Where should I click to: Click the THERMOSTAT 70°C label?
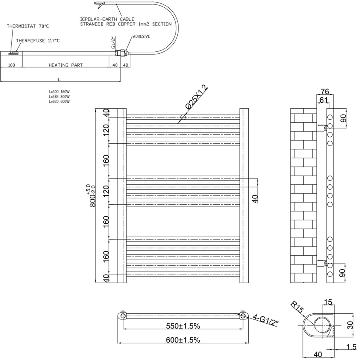(x=28, y=26)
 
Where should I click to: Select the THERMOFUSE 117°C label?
(x=37, y=41)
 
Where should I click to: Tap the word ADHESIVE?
(x=141, y=36)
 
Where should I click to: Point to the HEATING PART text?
(x=66, y=65)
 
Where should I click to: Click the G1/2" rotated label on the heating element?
(x=114, y=42)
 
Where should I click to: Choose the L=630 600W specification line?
(x=59, y=101)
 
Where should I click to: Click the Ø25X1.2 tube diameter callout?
(x=197, y=97)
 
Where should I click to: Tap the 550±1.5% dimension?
(x=183, y=326)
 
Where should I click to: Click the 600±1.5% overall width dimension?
(x=183, y=340)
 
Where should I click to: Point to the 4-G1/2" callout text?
(x=266, y=320)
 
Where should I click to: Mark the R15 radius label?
(x=297, y=307)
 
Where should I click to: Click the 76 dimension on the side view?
(x=325, y=91)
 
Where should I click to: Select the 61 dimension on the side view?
(x=324, y=100)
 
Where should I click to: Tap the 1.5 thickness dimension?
(x=351, y=347)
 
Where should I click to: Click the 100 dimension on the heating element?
(x=11, y=65)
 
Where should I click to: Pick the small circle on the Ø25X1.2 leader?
(x=183, y=117)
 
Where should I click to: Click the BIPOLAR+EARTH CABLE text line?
(x=107, y=19)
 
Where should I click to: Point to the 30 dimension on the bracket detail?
(x=350, y=325)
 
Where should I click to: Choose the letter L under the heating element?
(x=59, y=79)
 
